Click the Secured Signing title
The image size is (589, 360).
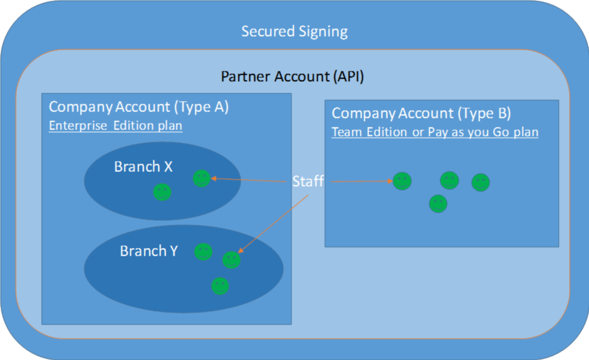pos(294,32)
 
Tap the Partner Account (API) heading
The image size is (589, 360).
pos(293,77)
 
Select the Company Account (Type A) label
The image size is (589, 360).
pos(139,107)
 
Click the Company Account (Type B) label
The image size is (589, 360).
pos(421,113)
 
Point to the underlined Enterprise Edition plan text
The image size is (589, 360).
pos(116,126)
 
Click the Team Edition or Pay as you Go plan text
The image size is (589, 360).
pos(435,132)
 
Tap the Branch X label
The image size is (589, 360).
pos(143,166)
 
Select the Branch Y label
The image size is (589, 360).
pos(149,251)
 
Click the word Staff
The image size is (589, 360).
pos(308,182)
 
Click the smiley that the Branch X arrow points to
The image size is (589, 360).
pos(202,178)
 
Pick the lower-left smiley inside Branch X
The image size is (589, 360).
pos(162,192)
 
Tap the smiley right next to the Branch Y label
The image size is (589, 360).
pos(203,252)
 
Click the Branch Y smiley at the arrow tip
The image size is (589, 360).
pos(231,260)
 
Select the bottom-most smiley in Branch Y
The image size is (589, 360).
pos(220,286)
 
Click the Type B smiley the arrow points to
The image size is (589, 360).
pos(402,182)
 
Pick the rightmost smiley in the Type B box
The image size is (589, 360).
pos(481,182)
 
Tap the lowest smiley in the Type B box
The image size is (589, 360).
pos(438,204)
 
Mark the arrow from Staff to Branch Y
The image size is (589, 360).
pos(273,223)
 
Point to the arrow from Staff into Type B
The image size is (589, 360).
pos(362,182)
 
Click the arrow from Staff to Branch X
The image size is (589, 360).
pos(249,180)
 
